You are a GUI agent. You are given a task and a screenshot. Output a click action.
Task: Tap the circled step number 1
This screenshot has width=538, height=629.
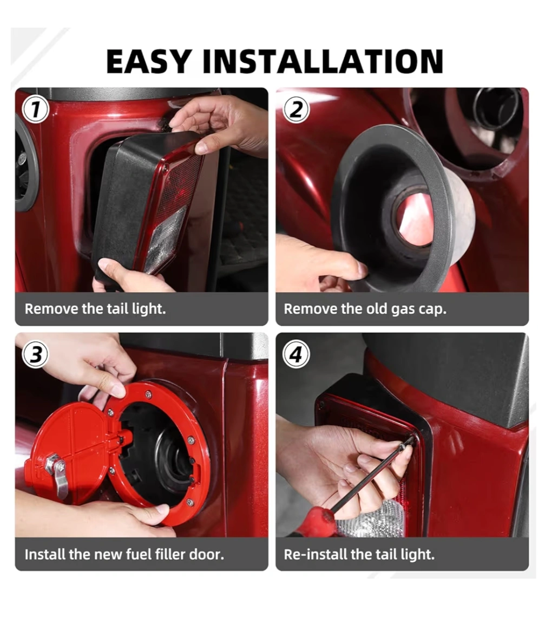pyautogui.click(x=36, y=109)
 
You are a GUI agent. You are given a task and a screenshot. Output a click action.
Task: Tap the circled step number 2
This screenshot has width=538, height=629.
pyautogui.click(x=296, y=109)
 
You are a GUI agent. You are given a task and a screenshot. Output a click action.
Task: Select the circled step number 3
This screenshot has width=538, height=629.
pyautogui.click(x=36, y=355)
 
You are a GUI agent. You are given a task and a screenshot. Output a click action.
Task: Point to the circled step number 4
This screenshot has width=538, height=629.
pyautogui.click(x=296, y=355)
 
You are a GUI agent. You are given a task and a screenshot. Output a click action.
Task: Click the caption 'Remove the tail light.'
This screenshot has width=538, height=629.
pyautogui.click(x=95, y=309)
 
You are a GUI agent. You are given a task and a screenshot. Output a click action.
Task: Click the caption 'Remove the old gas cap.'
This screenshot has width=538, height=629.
pyautogui.click(x=365, y=309)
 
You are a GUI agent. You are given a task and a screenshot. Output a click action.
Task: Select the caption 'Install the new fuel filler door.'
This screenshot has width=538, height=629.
pyautogui.click(x=124, y=554)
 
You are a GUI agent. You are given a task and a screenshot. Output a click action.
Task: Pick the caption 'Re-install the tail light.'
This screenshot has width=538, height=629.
pyautogui.click(x=359, y=554)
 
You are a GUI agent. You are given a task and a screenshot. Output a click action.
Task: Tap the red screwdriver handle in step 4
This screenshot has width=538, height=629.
pyautogui.click(x=317, y=522)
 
